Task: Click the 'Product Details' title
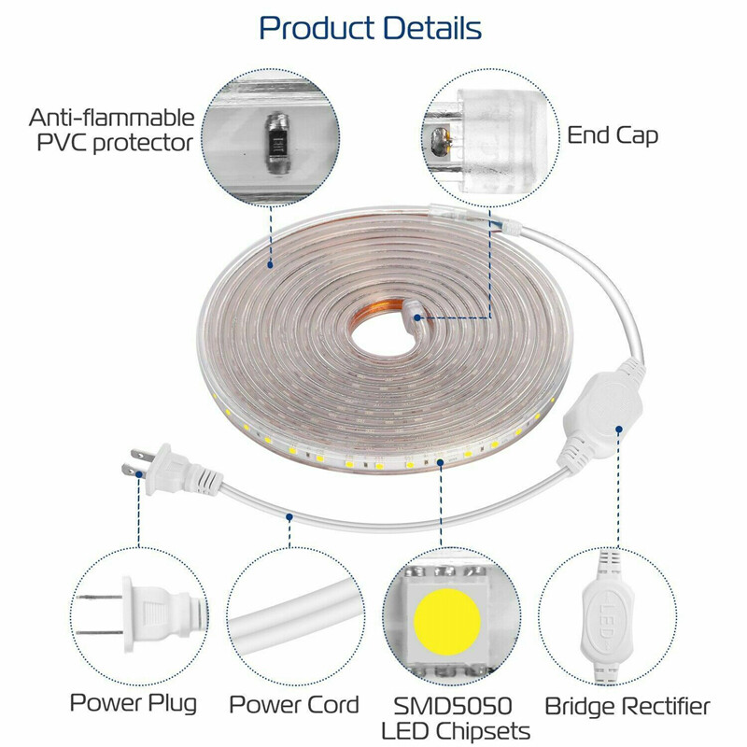point(371,28)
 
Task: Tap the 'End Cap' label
point(613,134)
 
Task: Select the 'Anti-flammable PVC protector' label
point(112,130)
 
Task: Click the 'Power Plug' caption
point(133,703)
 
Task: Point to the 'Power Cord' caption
point(293,703)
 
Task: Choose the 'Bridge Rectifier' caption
point(627,706)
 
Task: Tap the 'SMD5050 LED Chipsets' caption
point(457,716)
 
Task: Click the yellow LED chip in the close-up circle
point(448,621)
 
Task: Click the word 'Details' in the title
point(426,28)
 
